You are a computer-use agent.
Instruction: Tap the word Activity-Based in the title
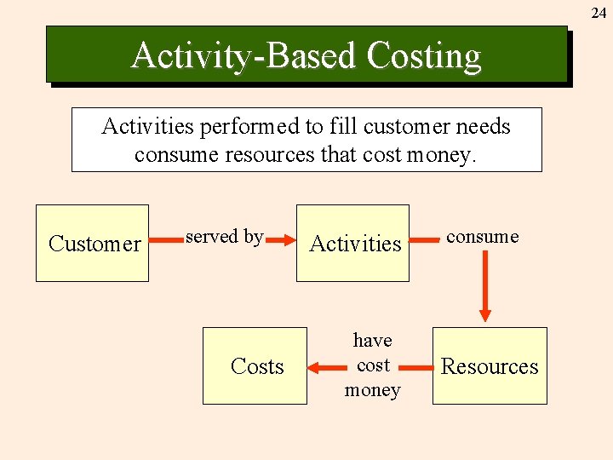244,56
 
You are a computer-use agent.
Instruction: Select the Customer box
92,244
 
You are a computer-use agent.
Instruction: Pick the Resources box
490,366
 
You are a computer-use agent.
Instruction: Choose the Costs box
255,366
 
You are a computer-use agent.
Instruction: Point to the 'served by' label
224,237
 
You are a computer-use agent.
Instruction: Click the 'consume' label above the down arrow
482,237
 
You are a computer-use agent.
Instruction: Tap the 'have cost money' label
372,365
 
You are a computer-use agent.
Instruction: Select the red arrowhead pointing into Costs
315,368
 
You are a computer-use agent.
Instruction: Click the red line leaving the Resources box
416,368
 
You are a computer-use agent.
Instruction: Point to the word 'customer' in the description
400,127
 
